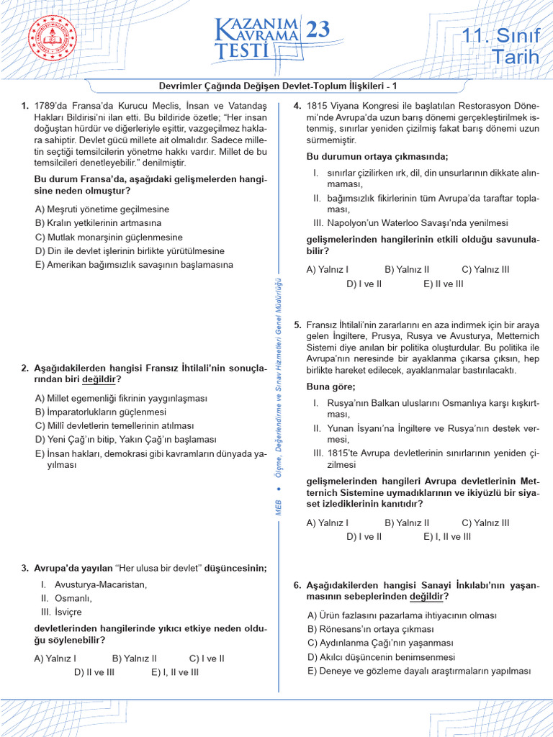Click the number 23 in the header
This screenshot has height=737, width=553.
tap(318, 30)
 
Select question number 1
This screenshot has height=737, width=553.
tap(24, 106)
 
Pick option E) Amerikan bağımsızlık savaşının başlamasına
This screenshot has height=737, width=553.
tap(134, 265)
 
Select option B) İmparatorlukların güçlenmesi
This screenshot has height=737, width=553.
tap(100, 412)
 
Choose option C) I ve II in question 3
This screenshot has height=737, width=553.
tap(207, 658)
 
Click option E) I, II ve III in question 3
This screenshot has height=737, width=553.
tap(175, 672)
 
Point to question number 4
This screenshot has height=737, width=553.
tap(297, 106)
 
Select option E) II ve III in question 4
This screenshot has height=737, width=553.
tap(444, 284)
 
